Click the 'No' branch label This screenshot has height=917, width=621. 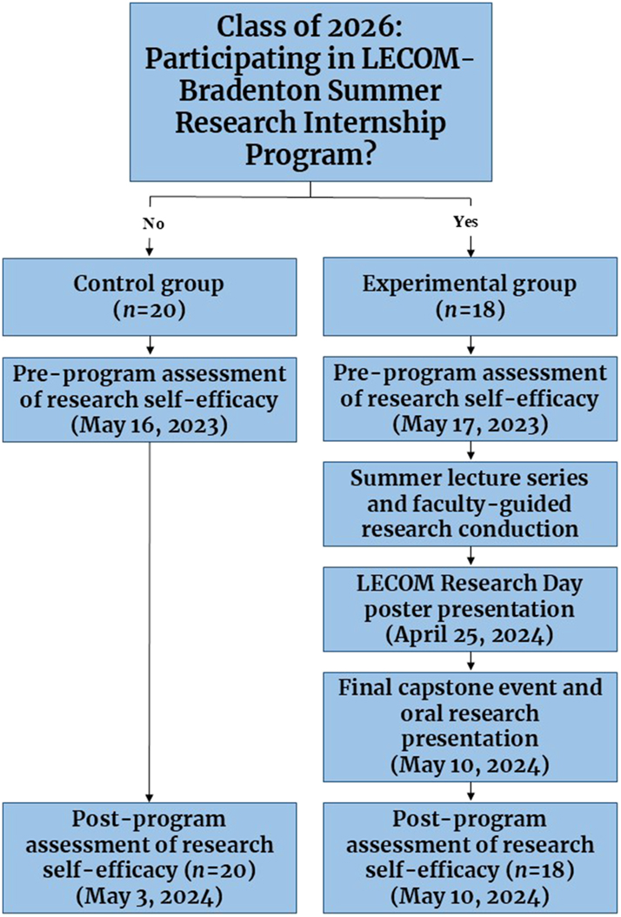[x=153, y=224]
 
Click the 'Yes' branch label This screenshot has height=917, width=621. [x=466, y=223]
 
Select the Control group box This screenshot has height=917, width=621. [x=150, y=297]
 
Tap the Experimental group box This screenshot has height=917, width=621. [x=470, y=297]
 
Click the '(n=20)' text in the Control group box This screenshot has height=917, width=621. [x=150, y=310]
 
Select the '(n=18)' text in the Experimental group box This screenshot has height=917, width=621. [x=470, y=310]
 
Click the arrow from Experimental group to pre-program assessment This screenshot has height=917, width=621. [x=470, y=346]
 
